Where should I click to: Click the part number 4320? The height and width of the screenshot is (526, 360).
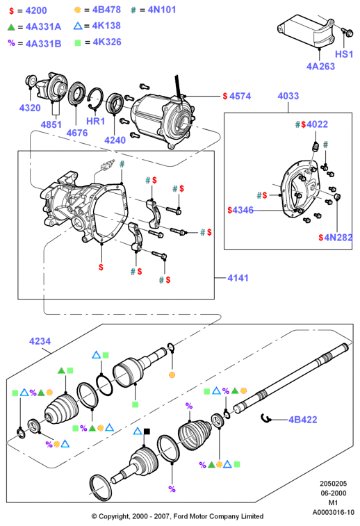point(30,108)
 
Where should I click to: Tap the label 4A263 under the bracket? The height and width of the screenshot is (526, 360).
point(320,66)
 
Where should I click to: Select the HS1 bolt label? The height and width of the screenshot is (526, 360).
point(344,54)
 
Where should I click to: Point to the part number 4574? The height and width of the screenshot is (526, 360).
point(240,97)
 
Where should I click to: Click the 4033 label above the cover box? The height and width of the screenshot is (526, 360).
point(288,96)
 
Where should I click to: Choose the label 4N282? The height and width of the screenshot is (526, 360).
point(338,238)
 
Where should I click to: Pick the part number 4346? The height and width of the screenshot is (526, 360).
point(243,210)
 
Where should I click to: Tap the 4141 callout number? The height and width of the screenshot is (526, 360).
point(238,278)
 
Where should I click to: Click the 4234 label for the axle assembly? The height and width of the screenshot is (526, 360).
point(40,341)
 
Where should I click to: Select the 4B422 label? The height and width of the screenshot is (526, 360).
point(303,420)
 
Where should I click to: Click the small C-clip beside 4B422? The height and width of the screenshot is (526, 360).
point(265,418)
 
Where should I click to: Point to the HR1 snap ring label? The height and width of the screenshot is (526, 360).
point(96,121)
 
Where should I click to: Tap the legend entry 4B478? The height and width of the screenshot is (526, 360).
point(106,10)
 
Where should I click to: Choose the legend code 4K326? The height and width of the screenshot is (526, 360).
point(107,42)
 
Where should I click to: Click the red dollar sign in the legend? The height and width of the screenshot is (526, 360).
point(11,10)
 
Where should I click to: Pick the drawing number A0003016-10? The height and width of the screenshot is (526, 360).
point(333,512)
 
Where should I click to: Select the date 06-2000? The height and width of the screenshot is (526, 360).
point(333,493)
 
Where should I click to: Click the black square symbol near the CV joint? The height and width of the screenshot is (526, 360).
point(147,432)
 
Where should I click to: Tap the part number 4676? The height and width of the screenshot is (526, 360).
point(77,133)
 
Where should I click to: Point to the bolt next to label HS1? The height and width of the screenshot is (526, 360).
point(347,32)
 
